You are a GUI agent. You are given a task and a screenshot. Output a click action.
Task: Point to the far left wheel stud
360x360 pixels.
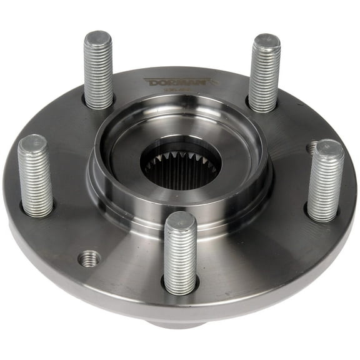[x=36, y=176]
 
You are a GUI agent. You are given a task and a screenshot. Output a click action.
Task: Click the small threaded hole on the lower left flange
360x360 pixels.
[x=89, y=257]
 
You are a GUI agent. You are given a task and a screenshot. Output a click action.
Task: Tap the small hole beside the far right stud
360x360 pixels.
[x=312, y=148]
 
